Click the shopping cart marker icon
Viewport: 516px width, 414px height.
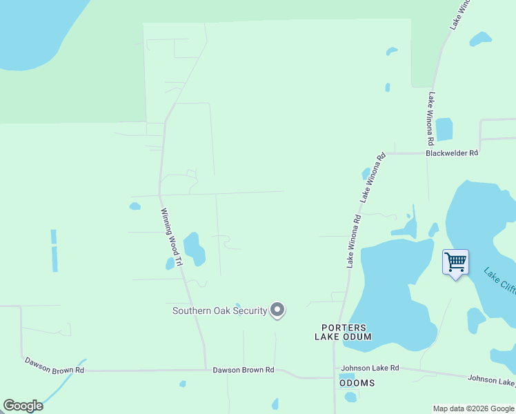tap(455, 263)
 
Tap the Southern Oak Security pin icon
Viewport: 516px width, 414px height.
tap(277, 310)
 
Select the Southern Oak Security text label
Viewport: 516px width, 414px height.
tap(219, 310)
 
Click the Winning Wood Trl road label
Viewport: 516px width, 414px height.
tap(171, 237)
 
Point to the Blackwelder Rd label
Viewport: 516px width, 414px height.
tap(452, 153)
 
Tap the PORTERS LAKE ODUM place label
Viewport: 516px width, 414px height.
tap(343, 332)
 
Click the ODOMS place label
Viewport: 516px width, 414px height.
tap(357, 383)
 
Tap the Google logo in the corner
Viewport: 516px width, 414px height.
tap(23, 406)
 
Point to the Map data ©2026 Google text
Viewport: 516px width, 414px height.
tap(473, 408)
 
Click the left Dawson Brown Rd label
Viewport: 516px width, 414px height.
tap(54, 365)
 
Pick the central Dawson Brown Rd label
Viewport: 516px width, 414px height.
tap(243, 371)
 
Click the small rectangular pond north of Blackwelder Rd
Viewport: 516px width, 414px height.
tap(444, 129)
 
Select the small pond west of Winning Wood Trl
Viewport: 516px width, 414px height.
tap(135, 206)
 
